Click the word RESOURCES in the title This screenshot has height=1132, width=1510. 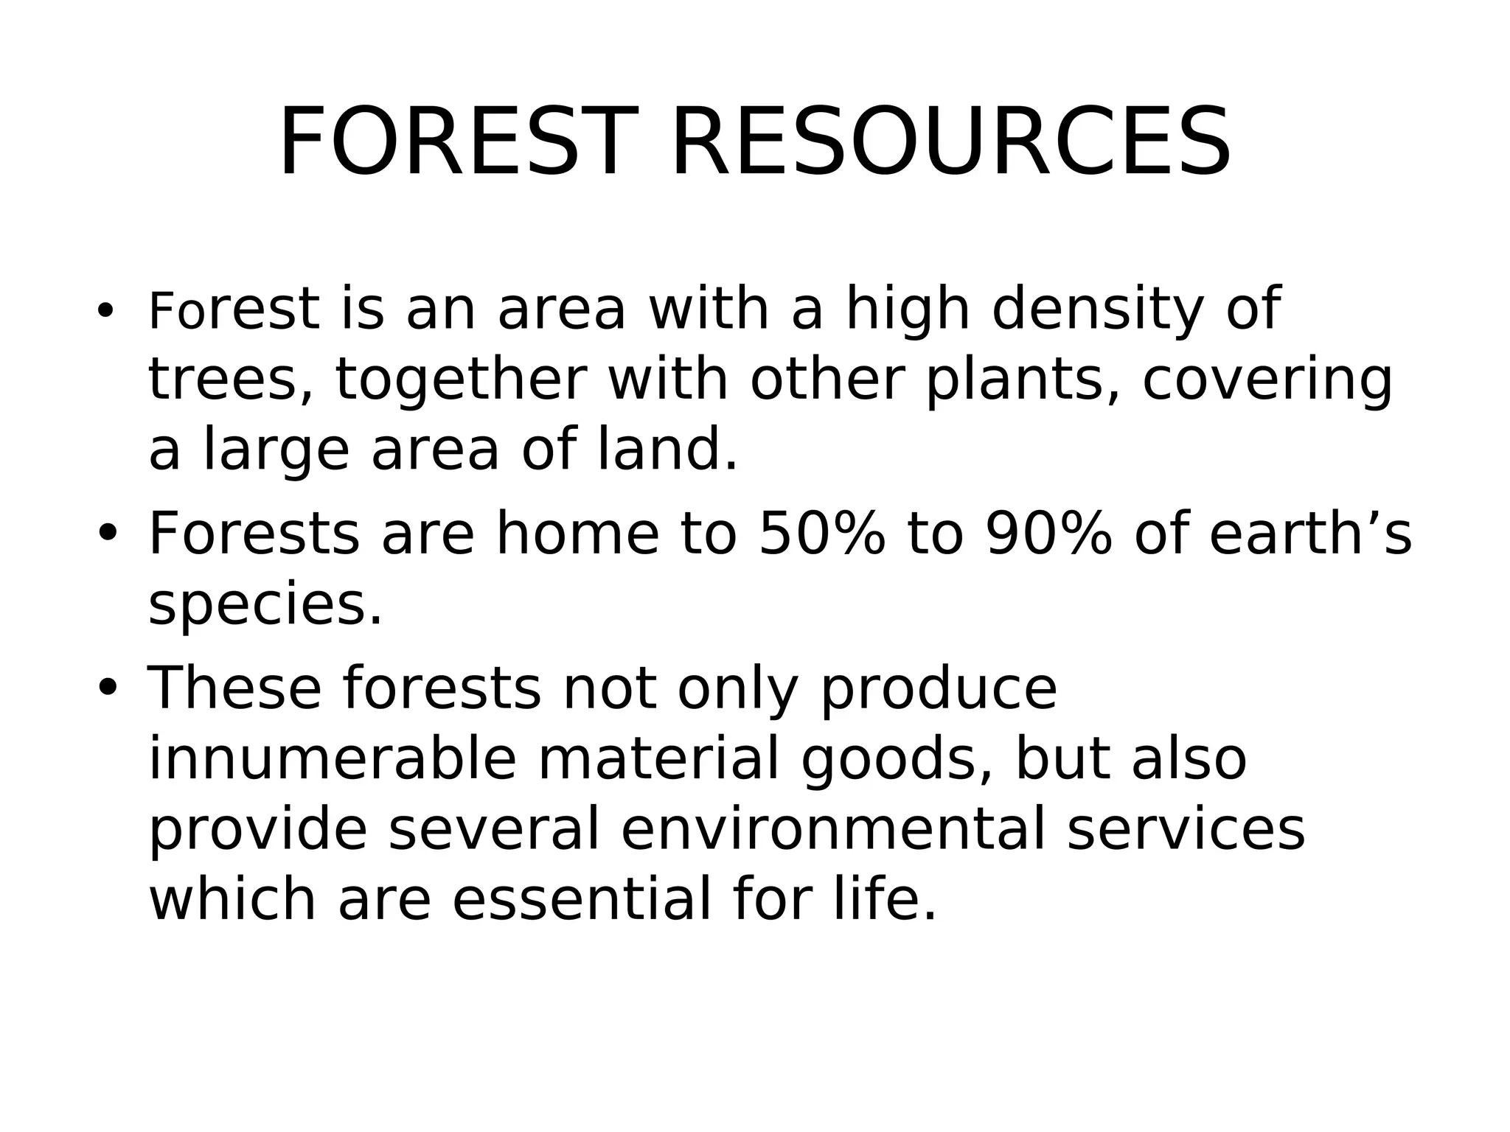click(x=950, y=142)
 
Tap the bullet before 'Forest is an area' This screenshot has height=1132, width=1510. click(x=105, y=310)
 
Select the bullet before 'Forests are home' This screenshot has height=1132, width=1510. click(x=107, y=533)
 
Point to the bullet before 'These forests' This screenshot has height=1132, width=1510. click(x=107, y=688)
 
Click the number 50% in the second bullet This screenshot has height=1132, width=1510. click(x=821, y=533)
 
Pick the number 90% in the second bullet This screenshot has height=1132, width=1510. click(x=1048, y=533)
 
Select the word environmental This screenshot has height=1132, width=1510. click(x=833, y=829)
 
